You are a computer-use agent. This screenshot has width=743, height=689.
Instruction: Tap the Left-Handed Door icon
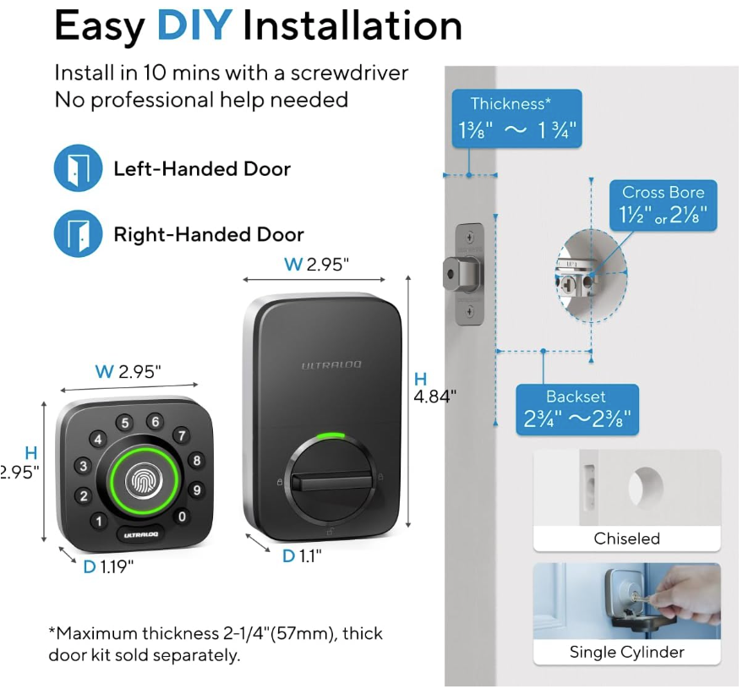[78, 168]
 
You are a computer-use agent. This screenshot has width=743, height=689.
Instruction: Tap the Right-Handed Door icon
[78, 233]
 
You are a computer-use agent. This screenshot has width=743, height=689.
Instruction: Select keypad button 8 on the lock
[197, 461]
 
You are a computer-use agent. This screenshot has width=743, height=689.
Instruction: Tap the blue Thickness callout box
[516, 119]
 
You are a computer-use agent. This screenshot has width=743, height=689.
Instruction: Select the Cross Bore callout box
[663, 205]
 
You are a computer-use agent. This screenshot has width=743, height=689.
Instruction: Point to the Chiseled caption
[626, 539]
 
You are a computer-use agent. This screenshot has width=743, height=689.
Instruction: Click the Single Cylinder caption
[626, 652]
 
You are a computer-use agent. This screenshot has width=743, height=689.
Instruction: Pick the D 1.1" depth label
[302, 555]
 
